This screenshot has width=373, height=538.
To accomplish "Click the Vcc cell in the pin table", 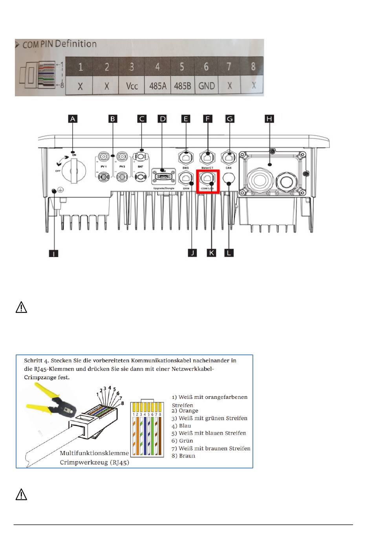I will [132, 86].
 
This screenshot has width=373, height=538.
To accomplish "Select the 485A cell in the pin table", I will [157, 86].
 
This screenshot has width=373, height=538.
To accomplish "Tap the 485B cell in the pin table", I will [182, 86].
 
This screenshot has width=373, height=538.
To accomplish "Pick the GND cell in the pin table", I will [206, 86].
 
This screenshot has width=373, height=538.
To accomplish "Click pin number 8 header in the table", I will [253, 67].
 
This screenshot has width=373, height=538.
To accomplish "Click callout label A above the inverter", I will [73, 119].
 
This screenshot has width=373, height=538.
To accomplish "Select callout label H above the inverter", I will [269, 119].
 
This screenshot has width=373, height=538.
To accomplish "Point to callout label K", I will [211, 253].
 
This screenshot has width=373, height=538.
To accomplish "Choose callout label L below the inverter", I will [229, 253].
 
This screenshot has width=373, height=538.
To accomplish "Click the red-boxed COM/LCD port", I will [207, 178].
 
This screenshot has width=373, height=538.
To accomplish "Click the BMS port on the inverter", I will [185, 158].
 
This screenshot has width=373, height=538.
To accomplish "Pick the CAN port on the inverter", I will [229, 158].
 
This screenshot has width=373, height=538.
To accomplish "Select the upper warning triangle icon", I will [21, 307].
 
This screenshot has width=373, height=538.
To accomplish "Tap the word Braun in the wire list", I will [187, 456].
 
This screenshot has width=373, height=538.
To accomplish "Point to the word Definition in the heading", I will [76, 44].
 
